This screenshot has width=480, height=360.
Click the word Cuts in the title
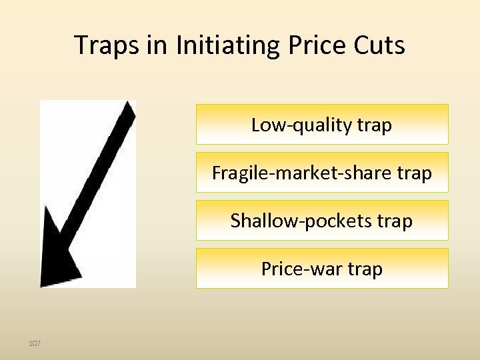pos(379,46)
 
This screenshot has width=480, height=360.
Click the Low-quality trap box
pos(322,124)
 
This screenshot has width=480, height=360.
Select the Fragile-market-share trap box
pos(322,173)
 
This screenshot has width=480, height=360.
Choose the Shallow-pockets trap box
pos(322,221)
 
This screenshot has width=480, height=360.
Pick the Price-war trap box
pos(322,269)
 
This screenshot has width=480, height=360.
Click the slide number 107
pos(35,343)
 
